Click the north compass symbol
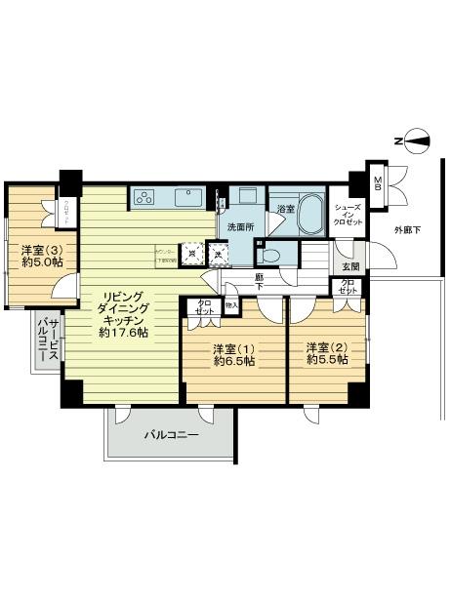point(418,142)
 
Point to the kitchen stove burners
point(147,198)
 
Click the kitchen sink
point(188,198)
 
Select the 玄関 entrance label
point(349,267)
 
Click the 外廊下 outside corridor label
point(407,231)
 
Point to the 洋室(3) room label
point(40,250)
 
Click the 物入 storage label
point(230,306)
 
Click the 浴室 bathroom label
point(285,210)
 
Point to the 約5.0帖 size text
point(40,263)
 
